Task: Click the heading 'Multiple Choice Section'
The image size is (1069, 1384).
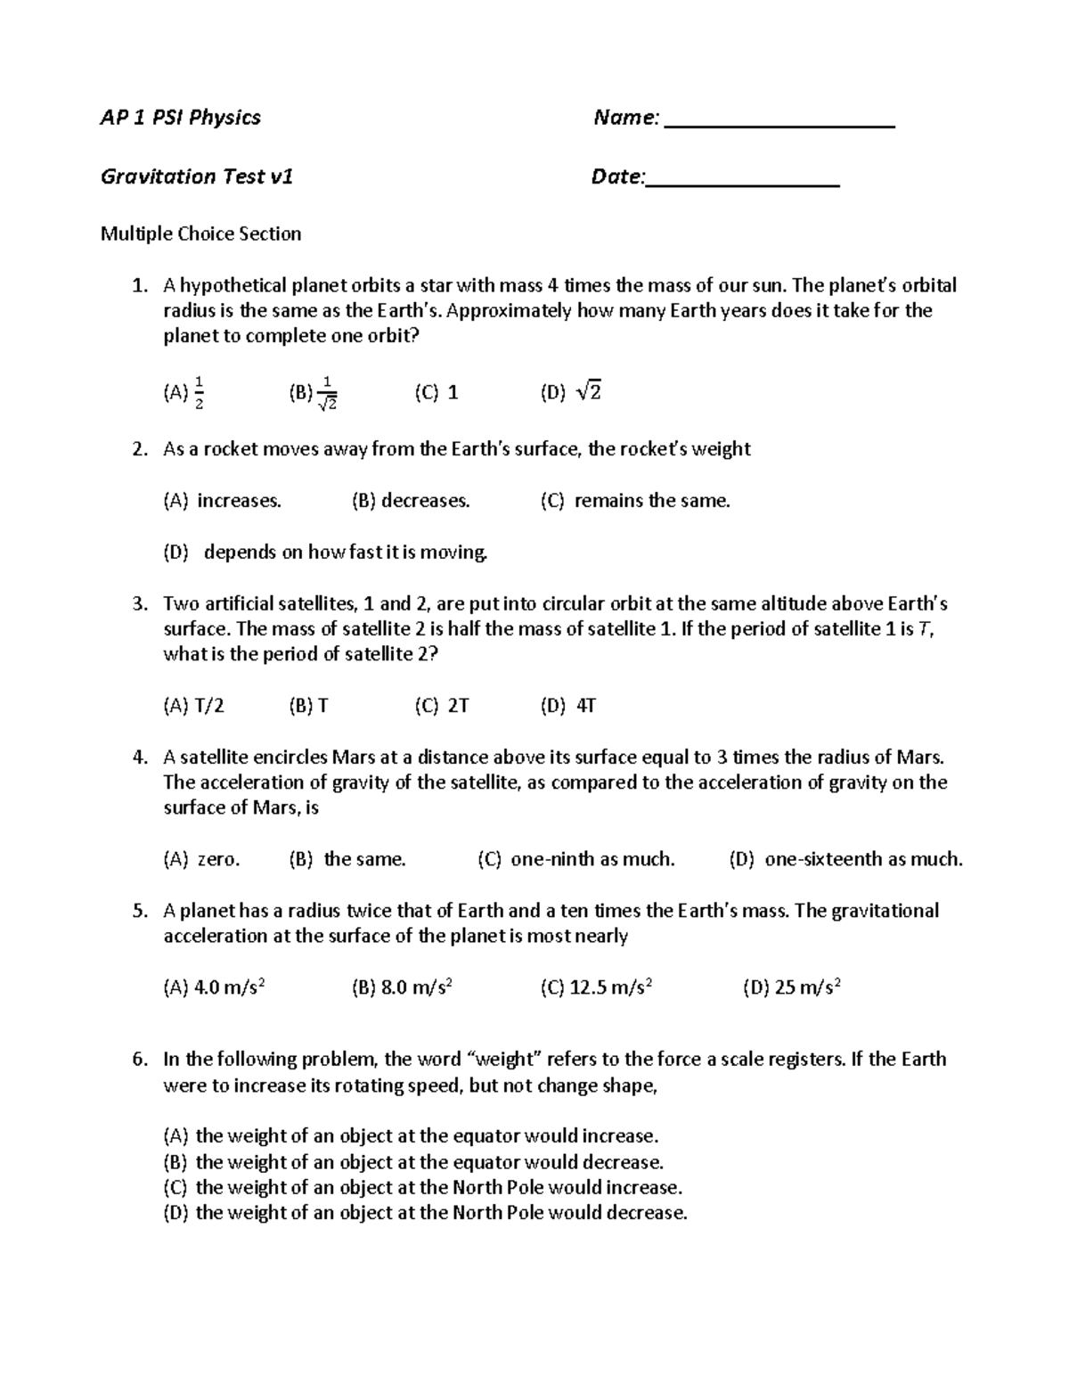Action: coord(200,233)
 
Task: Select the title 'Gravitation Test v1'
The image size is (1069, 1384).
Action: coord(197,176)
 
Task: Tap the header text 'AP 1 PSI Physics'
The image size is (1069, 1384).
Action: coord(181,118)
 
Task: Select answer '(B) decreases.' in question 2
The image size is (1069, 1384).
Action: coord(411,501)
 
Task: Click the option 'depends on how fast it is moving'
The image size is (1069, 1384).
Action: coord(345,553)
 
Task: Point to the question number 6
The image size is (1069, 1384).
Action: coord(139,1060)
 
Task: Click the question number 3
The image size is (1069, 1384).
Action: coord(139,604)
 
